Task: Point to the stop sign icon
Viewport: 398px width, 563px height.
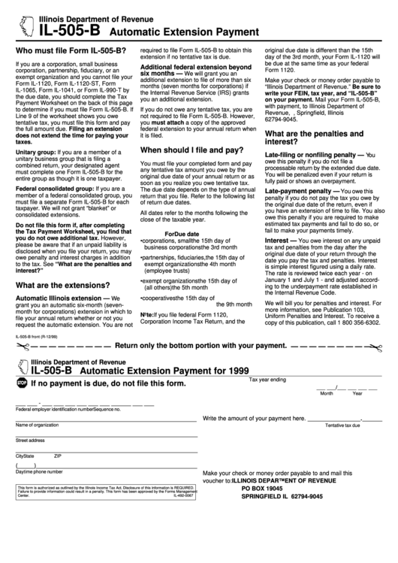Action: click(22, 382)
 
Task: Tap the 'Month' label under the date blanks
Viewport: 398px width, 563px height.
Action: click(327, 392)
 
